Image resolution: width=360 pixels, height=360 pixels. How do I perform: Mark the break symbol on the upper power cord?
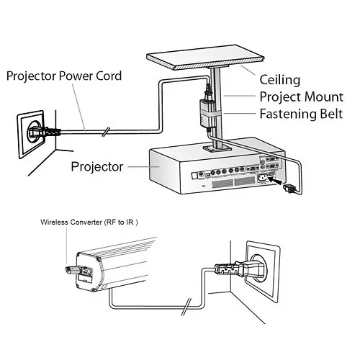[107, 132]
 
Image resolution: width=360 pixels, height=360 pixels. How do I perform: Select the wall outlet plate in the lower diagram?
[258, 267]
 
